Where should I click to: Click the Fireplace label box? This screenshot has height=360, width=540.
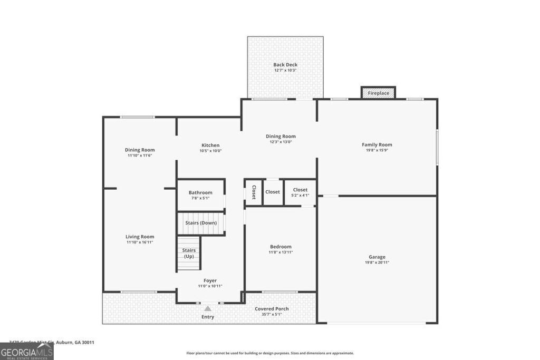378,93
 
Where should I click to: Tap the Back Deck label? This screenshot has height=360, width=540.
285,65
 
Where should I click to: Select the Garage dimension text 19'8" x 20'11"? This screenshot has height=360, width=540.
377,262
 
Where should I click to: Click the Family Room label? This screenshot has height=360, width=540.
377,144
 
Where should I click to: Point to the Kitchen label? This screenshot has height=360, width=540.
210,145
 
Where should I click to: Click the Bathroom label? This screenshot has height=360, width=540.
200,192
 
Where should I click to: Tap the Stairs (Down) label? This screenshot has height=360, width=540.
201,223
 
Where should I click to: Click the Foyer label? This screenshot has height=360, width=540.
210,280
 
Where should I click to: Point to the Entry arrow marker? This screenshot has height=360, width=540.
208,308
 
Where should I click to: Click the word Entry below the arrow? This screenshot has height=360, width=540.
208,317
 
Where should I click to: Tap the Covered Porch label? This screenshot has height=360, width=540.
272,309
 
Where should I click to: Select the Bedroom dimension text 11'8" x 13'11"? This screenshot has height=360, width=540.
281,252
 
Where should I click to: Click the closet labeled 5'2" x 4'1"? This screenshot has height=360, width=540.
300,192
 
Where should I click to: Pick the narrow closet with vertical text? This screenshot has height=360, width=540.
254,192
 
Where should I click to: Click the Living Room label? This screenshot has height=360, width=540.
140,237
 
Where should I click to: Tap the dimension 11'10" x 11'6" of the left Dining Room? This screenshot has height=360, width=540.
140,155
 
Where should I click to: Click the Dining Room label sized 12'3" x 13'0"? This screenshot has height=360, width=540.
281,136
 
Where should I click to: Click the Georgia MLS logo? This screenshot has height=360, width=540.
26,352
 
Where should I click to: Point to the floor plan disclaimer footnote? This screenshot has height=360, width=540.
270,353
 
